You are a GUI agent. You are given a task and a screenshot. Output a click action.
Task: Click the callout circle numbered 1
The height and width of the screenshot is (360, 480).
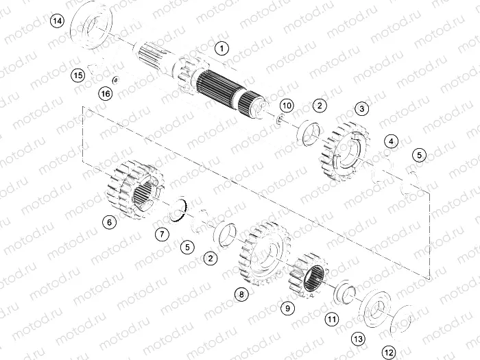pyautogui.click(x=221, y=48)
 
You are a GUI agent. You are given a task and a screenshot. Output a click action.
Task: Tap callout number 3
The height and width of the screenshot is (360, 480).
pyautogui.click(x=362, y=109)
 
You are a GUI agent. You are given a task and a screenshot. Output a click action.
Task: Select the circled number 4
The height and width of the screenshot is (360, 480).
pyautogui.click(x=391, y=141)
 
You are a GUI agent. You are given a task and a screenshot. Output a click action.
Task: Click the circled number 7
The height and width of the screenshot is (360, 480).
pyautogui.click(x=162, y=235)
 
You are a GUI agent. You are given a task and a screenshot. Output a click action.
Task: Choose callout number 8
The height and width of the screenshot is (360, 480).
pyautogui.click(x=240, y=294)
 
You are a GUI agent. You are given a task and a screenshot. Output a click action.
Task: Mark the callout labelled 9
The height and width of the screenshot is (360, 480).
pyautogui.click(x=288, y=309)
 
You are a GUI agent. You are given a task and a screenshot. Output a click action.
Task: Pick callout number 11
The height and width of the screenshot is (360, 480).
pyautogui.click(x=332, y=319)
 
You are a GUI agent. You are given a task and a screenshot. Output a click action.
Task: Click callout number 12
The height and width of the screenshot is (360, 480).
pyautogui.click(x=389, y=352)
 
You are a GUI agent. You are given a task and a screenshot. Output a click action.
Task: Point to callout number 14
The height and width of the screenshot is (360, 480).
pyautogui.click(x=58, y=22)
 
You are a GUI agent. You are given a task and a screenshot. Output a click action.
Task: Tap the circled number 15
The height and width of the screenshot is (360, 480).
pyautogui.click(x=78, y=75)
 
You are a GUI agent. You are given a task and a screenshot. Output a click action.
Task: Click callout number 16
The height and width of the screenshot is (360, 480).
pyautogui.click(x=105, y=93)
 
